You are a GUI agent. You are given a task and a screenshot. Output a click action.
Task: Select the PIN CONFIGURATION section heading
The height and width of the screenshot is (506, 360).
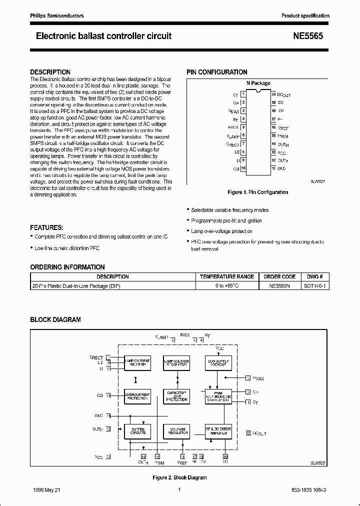(217, 72)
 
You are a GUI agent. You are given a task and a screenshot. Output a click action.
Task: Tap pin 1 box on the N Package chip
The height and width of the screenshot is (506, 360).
(243, 93)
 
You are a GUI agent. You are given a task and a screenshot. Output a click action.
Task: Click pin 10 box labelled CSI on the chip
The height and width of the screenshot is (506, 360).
(243, 168)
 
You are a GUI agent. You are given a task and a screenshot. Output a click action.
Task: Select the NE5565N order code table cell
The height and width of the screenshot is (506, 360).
(279, 286)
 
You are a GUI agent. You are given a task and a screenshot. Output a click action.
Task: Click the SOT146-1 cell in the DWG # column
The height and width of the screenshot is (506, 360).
(314, 286)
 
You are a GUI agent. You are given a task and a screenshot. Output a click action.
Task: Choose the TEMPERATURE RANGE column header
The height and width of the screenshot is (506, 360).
(227, 276)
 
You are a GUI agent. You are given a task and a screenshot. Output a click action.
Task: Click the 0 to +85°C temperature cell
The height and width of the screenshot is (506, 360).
(227, 286)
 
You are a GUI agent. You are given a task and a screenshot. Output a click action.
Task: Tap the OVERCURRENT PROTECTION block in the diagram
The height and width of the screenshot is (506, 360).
(137, 397)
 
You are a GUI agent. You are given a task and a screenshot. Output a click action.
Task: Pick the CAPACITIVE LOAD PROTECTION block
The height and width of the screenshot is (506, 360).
(177, 397)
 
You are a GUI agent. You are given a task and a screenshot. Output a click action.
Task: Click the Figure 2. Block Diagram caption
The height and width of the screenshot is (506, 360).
(179, 477)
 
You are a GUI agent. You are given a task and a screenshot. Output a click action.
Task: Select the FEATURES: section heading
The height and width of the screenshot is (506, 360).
(47, 227)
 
